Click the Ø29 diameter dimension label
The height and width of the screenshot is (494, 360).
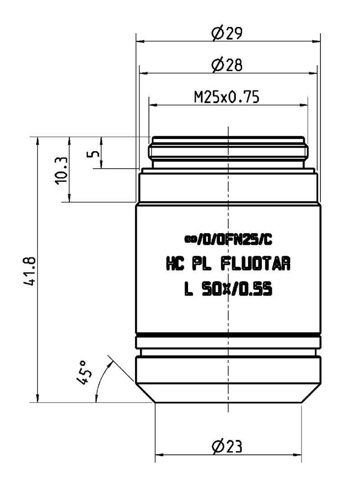tap(227, 33)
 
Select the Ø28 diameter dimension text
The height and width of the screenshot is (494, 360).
tap(227, 65)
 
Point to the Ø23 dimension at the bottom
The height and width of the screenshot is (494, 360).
tap(227, 446)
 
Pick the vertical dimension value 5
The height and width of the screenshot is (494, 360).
tap(93, 153)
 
